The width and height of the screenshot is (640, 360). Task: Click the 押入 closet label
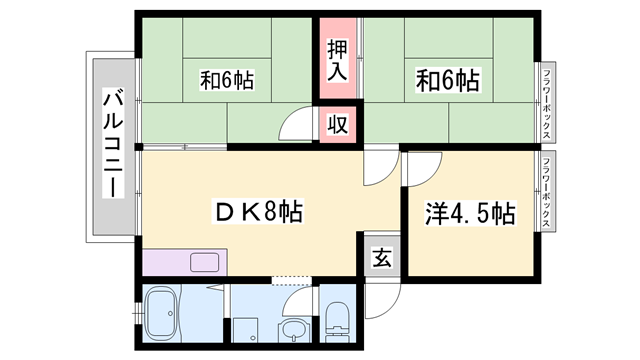point(336,60)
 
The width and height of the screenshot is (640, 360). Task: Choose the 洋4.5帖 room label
point(471,213)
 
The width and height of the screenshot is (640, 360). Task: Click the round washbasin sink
point(292,330)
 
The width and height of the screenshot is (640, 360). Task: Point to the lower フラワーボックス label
point(547,193)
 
